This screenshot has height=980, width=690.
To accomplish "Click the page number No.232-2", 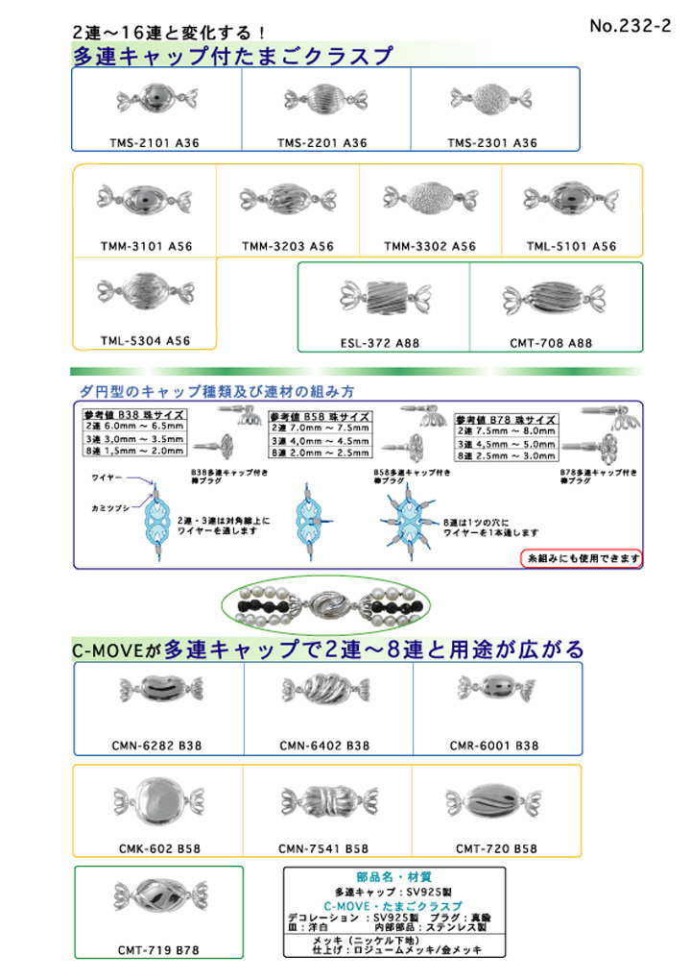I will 630,26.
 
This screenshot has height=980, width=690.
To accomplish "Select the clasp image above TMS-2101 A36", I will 155,99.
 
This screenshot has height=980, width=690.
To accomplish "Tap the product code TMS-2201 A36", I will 322,142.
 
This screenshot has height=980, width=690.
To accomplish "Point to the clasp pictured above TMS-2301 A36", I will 492,99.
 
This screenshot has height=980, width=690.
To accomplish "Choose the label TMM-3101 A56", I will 146,246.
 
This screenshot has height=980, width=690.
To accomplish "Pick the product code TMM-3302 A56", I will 430,246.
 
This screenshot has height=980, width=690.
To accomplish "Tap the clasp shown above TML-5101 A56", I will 572,201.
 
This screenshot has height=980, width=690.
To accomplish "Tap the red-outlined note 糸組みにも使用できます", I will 582,557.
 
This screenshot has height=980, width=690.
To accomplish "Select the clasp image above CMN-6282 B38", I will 159,691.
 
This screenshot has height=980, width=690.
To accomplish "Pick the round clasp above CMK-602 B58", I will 159,801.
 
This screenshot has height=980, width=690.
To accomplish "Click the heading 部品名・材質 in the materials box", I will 393,876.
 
